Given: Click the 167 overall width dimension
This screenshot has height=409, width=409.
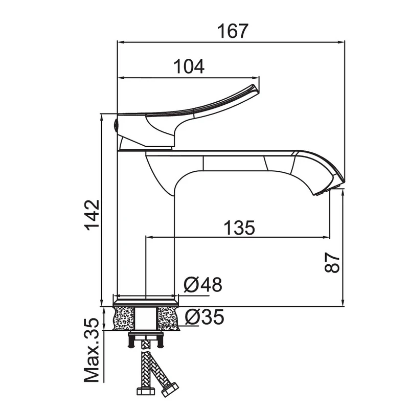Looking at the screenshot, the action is (x=233, y=31).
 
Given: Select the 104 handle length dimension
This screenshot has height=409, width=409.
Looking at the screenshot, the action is (x=189, y=66).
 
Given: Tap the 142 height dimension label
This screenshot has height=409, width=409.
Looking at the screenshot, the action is (x=92, y=215).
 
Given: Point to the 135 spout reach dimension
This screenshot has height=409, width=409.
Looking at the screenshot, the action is (x=239, y=228).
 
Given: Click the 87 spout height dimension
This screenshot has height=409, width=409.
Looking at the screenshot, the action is (x=332, y=262).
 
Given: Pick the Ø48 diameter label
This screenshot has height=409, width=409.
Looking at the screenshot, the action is (x=203, y=284).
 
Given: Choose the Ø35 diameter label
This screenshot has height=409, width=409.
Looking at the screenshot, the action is (x=204, y=316).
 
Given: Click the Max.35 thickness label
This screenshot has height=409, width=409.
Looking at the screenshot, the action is (x=92, y=351).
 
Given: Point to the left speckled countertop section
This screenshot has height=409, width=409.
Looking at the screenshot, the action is (x=124, y=319).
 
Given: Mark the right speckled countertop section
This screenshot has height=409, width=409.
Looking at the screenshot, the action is (x=168, y=319).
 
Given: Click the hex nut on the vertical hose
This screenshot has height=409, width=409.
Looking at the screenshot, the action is (x=146, y=391).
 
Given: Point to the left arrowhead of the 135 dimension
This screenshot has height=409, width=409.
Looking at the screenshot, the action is (x=149, y=237).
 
